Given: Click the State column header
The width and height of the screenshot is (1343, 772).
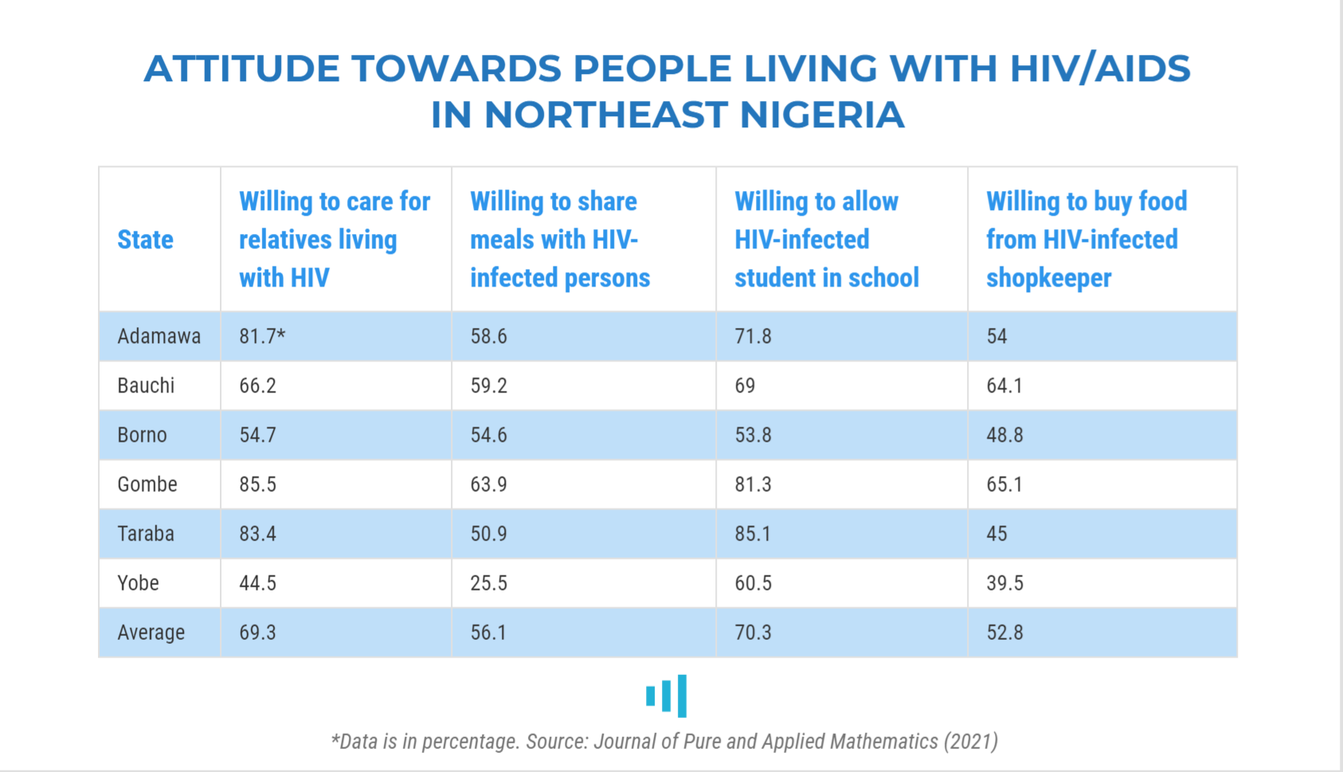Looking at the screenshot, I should tap(145, 240).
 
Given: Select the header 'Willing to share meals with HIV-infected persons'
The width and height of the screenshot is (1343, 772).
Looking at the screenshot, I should tap(559, 240).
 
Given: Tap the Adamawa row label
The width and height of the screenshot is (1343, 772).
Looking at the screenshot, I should tap(159, 337).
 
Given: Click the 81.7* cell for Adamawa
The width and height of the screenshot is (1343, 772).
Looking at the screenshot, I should tap(262, 337).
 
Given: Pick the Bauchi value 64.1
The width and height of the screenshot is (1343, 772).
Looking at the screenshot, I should tap(1004, 386).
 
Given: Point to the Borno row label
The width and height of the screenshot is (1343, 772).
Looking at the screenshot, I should tap(142, 435).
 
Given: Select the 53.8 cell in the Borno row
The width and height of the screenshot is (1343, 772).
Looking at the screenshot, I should tap(753, 435).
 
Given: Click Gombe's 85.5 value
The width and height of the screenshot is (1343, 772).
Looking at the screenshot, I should tap(257, 485).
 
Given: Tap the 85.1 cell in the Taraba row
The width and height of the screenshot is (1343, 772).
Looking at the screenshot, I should tap(753, 534).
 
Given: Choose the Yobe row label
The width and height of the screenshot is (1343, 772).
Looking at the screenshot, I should tap(138, 583).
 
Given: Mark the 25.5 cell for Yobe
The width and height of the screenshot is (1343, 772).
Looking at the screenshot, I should tap(488, 583).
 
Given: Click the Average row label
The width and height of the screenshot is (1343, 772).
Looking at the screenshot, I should tap(151, 633).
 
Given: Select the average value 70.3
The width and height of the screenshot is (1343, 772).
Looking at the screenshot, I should tap(753, 633).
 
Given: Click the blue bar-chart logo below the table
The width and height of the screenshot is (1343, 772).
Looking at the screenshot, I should tap(667, 696).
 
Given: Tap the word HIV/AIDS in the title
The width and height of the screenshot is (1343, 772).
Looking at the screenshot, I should tap(1100, 68).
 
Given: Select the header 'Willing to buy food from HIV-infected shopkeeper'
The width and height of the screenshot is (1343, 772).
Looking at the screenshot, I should tap(1086, 240).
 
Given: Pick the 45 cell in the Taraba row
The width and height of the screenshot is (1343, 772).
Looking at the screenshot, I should tap(996, 534).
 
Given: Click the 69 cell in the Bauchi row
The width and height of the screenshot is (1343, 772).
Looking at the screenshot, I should tap(745, 386).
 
